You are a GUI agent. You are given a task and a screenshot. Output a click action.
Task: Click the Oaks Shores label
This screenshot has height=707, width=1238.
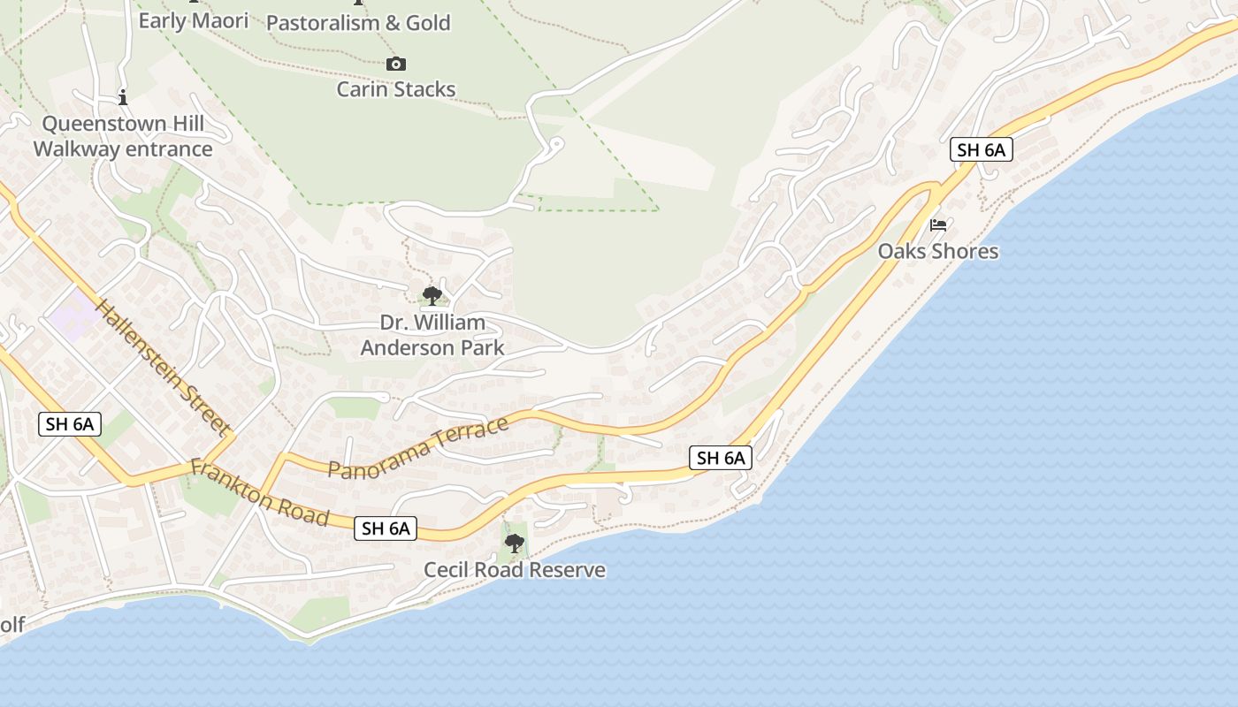(937, 252)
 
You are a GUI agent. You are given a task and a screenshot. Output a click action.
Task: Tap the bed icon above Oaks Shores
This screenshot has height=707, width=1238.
(938, 225)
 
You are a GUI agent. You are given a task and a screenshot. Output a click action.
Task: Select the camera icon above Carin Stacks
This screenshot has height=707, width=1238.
(396, 64)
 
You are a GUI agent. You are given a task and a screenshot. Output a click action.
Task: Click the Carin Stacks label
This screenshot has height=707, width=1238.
(396, 89)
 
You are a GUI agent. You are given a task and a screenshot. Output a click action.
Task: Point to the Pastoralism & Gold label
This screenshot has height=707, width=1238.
(358, 23)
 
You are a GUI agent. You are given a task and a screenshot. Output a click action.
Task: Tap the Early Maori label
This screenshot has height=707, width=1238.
(194, 20)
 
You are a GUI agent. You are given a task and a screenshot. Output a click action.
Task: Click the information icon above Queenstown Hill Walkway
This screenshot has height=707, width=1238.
(123, 97)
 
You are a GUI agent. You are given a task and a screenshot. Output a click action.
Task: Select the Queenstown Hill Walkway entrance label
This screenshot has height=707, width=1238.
(123, 136)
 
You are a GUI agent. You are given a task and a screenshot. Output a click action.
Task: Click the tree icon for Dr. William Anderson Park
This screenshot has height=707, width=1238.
(432, 295)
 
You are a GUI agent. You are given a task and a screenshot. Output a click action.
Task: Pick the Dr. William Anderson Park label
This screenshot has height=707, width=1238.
(432, 335)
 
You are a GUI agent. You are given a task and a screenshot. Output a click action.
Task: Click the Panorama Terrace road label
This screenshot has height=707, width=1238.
(418, 448)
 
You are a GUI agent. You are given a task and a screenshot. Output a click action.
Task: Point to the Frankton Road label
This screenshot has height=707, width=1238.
(260, 493)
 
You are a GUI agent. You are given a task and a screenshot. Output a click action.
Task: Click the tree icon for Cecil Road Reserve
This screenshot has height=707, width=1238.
(514, 543)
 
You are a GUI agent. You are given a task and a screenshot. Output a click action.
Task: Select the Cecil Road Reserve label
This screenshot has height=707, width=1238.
(515, 570)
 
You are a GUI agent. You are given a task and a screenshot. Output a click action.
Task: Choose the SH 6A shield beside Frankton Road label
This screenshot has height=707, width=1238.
(386, 528)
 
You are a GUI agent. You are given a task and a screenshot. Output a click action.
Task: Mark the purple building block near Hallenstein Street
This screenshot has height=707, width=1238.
(73, 315)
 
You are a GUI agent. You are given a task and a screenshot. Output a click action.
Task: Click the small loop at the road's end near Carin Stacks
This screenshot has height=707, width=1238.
(556, 142)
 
